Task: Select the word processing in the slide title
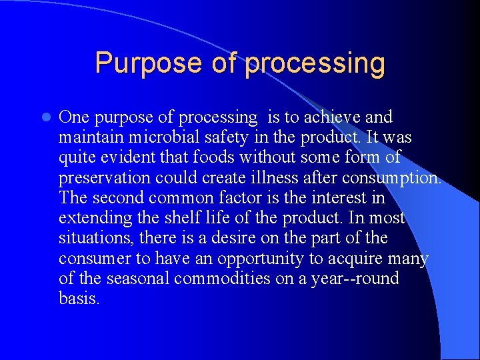pyautogui.click(x=315, y=63)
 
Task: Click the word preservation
pyautogui.click(x=105, y=178)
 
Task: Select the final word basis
pyautogui.click(x=79, y=298)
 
